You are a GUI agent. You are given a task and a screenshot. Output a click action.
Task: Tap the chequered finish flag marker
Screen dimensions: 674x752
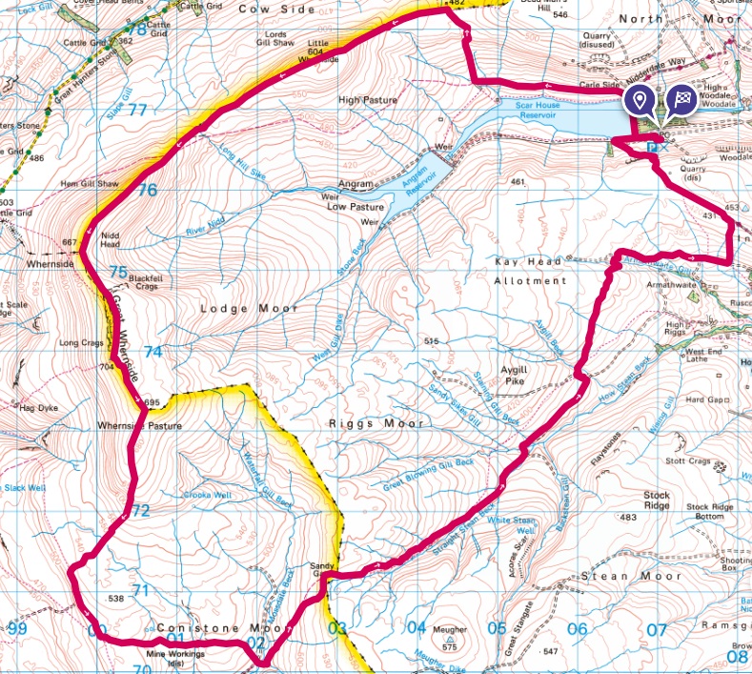681,100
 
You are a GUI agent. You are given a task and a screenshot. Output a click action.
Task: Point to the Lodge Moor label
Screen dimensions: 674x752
250,308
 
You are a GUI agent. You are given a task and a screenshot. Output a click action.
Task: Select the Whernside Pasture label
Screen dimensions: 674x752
138,425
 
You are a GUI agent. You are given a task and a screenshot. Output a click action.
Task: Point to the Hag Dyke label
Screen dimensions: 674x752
39,407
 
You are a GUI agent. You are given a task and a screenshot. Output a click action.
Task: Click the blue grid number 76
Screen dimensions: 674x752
146,190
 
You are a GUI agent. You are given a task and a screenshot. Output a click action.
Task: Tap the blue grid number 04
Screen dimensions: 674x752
416,627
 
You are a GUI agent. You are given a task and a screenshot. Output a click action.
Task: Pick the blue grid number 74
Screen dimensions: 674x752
152,352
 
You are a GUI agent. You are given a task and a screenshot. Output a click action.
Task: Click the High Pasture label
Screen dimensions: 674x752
367,99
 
